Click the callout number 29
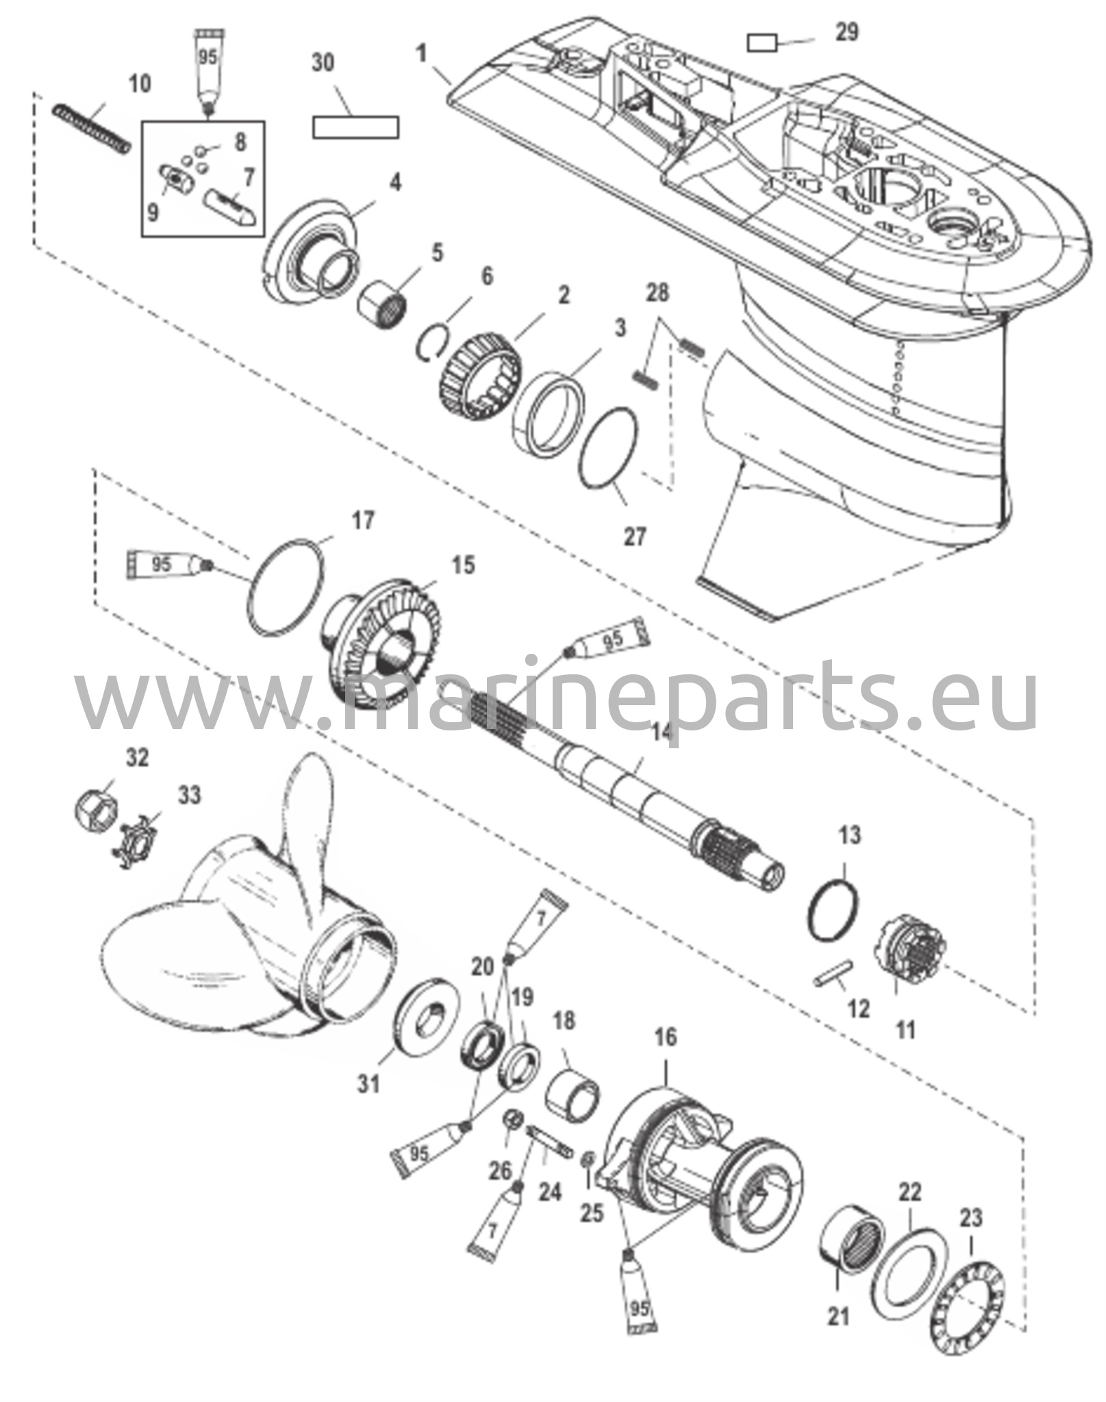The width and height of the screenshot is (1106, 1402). (847, 33)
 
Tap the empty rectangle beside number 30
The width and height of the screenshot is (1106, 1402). (355, 127)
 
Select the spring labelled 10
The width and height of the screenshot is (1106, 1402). (92, 128)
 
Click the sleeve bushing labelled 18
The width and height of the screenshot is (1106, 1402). (573, 1096)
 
